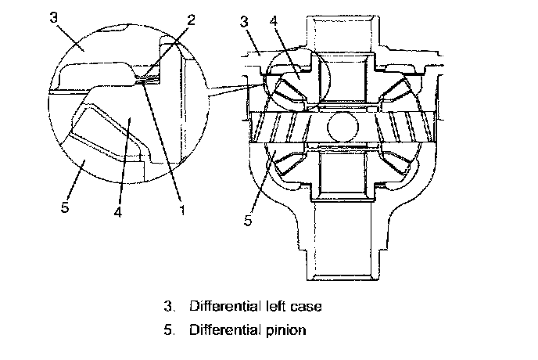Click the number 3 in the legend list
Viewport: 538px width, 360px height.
click(167, 306)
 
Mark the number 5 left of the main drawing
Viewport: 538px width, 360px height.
click(247, 221)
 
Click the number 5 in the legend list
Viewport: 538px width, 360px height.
click(167, 329)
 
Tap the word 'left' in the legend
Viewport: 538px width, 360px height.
click(272, 306)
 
